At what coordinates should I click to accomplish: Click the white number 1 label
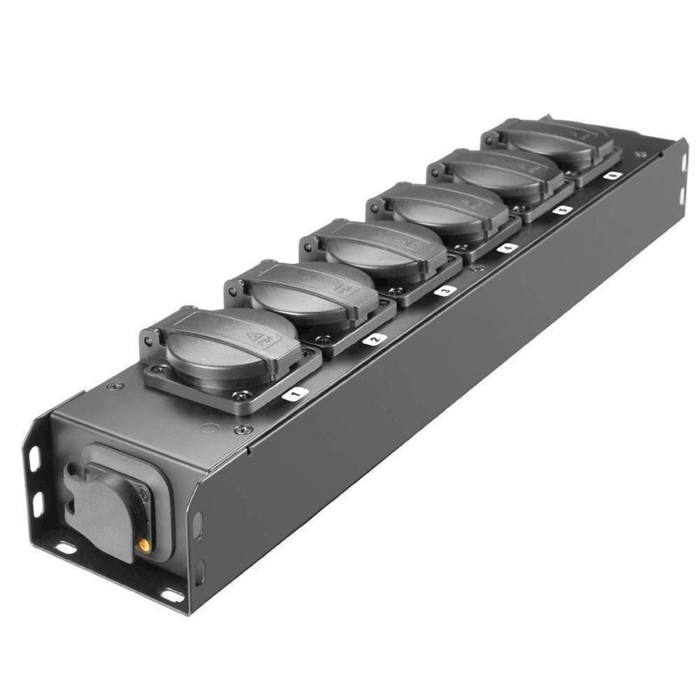[295, 395]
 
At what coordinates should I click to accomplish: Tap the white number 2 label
[374, 339]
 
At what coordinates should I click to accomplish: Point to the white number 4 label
[507, 247]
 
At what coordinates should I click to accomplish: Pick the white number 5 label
[562, 210]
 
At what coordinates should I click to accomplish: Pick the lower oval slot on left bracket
[38, 504]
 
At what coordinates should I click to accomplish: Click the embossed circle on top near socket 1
[209, 430]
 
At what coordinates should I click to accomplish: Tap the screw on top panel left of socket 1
[112, 385]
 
